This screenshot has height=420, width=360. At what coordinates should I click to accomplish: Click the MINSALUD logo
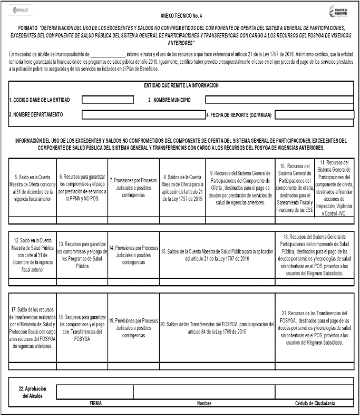21,10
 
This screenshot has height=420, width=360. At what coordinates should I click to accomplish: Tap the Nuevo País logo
338,11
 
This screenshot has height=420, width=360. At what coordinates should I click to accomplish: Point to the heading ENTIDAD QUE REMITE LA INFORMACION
181,85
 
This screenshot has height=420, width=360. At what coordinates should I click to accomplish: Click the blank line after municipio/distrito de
107,54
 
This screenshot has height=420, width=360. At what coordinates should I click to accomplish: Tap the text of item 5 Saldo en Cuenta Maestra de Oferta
32,187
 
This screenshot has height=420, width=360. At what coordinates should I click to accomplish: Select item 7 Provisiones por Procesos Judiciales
133,187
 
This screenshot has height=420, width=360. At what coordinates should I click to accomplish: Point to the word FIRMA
95,403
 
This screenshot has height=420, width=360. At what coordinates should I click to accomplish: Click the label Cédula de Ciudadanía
315,403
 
